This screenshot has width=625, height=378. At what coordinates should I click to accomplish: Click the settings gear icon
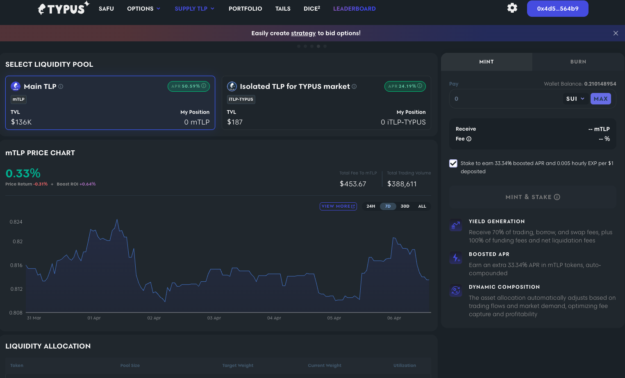512,8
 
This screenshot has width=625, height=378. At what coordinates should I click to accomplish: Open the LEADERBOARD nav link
354,9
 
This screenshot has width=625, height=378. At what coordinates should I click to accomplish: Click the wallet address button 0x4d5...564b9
557,9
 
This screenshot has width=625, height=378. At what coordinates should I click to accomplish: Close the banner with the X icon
616,33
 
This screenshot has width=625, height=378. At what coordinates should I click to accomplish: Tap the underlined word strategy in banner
303,33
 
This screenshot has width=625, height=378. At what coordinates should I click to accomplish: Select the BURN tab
578,62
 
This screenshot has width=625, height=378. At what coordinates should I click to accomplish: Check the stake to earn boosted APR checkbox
453,163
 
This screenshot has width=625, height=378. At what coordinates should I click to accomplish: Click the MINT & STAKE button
532,197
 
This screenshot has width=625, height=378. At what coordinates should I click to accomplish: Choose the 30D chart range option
405,206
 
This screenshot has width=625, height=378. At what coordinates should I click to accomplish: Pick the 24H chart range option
371,206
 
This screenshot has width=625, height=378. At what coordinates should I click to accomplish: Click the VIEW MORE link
338,206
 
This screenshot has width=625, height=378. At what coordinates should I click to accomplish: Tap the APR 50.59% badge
189,86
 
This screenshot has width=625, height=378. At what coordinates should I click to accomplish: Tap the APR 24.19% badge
405,86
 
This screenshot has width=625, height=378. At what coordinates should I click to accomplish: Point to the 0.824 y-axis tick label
16,222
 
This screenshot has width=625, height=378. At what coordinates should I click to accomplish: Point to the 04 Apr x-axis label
274,318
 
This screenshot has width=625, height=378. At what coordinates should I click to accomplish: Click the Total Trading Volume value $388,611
402,184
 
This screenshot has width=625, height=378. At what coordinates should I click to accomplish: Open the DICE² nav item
312,9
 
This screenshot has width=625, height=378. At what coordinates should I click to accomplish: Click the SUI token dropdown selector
575,99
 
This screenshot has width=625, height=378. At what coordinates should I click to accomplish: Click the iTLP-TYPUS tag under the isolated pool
241,100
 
